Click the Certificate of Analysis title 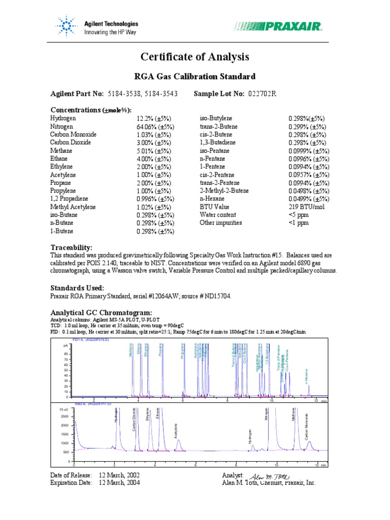(195, 56)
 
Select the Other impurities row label (221, 223)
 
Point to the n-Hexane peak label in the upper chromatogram (306, 377)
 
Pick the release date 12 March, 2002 (119, 475)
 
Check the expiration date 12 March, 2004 (119, 483)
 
